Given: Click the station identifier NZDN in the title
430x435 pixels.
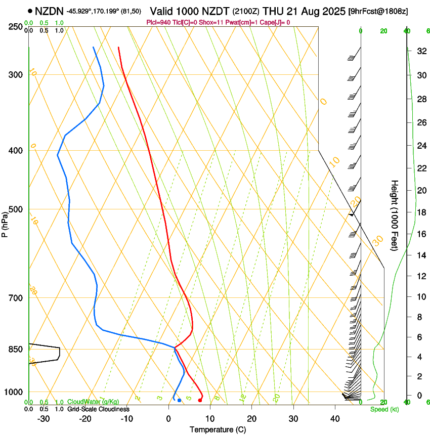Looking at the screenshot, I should pos(50,10).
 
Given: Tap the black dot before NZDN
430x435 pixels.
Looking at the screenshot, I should pos(31,11).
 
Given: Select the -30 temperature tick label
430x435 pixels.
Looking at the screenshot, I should pos(43,418).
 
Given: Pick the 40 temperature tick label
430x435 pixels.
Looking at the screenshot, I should pos(335,418).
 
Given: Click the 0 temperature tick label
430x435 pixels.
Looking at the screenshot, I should pos(168,418).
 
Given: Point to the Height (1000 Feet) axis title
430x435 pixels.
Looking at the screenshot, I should pos(394,215).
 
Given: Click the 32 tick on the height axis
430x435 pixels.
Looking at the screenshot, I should pos(421,51).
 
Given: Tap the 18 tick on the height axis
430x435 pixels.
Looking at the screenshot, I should pos(421,212).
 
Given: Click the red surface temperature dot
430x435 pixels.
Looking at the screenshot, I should pos(200,400).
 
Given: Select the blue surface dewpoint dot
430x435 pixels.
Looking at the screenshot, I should pos(179,400).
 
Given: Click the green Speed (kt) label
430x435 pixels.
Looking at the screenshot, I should pos(384,409).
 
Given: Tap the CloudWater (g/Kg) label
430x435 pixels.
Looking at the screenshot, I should pos(93,402).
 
